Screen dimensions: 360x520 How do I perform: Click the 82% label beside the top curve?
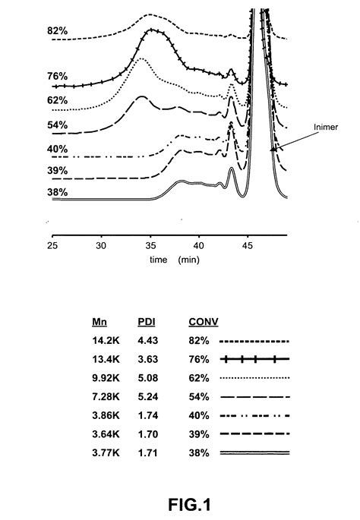(58, 33)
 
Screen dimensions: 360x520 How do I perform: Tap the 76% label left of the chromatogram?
(58, 76)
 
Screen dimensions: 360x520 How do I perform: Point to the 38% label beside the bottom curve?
(58, 192)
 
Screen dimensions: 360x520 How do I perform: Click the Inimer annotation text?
(324, 128)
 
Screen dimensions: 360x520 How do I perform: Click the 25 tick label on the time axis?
(53, 246)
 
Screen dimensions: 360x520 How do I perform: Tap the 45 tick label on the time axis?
(248, 246)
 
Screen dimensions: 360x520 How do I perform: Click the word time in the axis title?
(158, 259)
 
